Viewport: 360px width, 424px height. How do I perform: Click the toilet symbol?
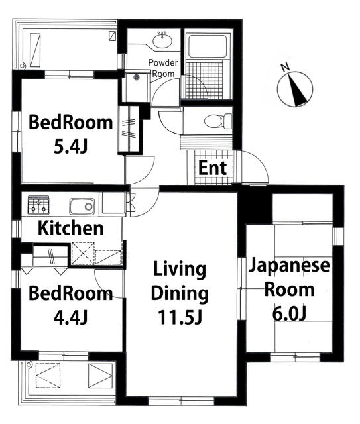click(x=218, y=121)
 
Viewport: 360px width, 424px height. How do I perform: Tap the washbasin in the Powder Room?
click(x=162, y=40)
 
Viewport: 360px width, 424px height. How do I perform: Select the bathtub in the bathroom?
click(x=208, y=46)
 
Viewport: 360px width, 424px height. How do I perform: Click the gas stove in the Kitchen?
click(x=38, y=205)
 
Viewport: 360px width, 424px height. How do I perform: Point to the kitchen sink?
click(x=82, y=207)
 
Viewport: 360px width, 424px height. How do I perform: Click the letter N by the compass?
click(x=285, y=67)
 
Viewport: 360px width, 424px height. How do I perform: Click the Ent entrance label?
click(x=212, y=168)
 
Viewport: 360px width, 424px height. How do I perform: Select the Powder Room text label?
click(x=163, y=68)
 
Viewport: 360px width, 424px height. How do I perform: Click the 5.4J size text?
click(x=71, y=147)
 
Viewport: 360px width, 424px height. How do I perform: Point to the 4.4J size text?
click(x=70, y=317)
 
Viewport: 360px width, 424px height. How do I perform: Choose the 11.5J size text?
click(x=180, y=317)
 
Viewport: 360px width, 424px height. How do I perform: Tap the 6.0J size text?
click(x=289, y=314)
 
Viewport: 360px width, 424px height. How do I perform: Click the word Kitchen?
click(x=71, y=228)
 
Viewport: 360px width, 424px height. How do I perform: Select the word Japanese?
click(x=289, y=265)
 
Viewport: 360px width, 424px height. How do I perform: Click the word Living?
click(x=180, y=270)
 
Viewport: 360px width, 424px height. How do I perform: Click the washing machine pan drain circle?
click(x=137, y=78)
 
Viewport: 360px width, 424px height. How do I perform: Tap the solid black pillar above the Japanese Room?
click(x=255, y=207)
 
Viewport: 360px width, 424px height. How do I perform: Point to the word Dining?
click(x=180, y=294)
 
